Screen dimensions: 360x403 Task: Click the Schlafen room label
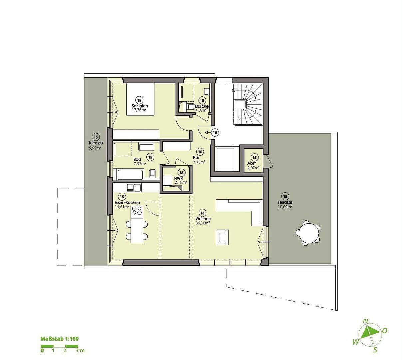pos(140,106)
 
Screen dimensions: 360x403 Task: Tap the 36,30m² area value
pos(202,223)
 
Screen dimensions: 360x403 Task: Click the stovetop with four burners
pos(137,210)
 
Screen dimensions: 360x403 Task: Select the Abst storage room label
pos(251,163)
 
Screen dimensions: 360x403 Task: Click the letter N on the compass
pos(366,321)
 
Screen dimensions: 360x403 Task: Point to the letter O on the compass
pos(385,331)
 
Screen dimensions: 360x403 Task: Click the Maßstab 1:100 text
pos(59,339)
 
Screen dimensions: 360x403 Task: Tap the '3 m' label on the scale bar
pos(80,350)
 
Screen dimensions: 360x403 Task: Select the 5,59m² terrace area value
pos(95,148)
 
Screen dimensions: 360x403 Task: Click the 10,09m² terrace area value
pos(285,207)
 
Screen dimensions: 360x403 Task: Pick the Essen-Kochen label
pos(127,203)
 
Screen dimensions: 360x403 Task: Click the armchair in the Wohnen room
pos(222,237)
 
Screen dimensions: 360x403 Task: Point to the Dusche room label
pos(202,106)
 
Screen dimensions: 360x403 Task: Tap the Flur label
pos(196,158)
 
